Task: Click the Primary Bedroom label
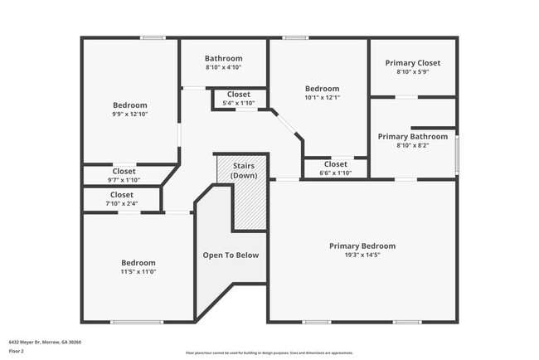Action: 362,246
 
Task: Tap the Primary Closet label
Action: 412,63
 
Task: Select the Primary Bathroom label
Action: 412,136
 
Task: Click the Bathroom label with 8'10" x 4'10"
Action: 223,59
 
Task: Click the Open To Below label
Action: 231,255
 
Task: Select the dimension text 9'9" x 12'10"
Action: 129,114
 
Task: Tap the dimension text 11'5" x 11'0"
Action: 138,272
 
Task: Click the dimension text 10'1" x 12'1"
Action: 322,98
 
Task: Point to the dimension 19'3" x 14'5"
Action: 362,255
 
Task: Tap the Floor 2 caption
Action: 17,350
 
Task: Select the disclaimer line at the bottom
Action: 269,353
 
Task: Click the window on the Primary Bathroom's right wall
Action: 456,153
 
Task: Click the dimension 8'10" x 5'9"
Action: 412,72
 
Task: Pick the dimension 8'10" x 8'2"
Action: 412,145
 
